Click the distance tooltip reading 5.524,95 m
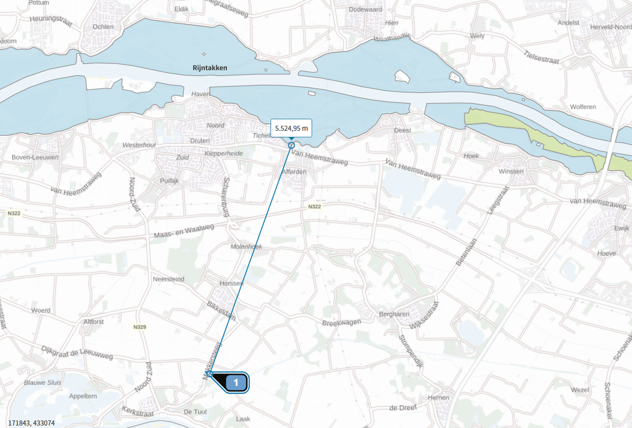coord(291,128)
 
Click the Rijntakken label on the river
coord(210,67)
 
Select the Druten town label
coord(200,141)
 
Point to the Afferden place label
coord(294,171)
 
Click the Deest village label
coord(403,130)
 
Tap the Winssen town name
coord(511,171)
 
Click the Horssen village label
coord(231,283)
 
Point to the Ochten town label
coord(103,27)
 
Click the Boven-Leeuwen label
coord(36,157)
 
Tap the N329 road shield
coord(140,327)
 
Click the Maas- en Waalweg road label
coord(184,231)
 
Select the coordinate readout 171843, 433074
coord(32,423)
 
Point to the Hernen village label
coord(439,397)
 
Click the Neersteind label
coord(168,279)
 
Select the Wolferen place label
coord(583,107)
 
